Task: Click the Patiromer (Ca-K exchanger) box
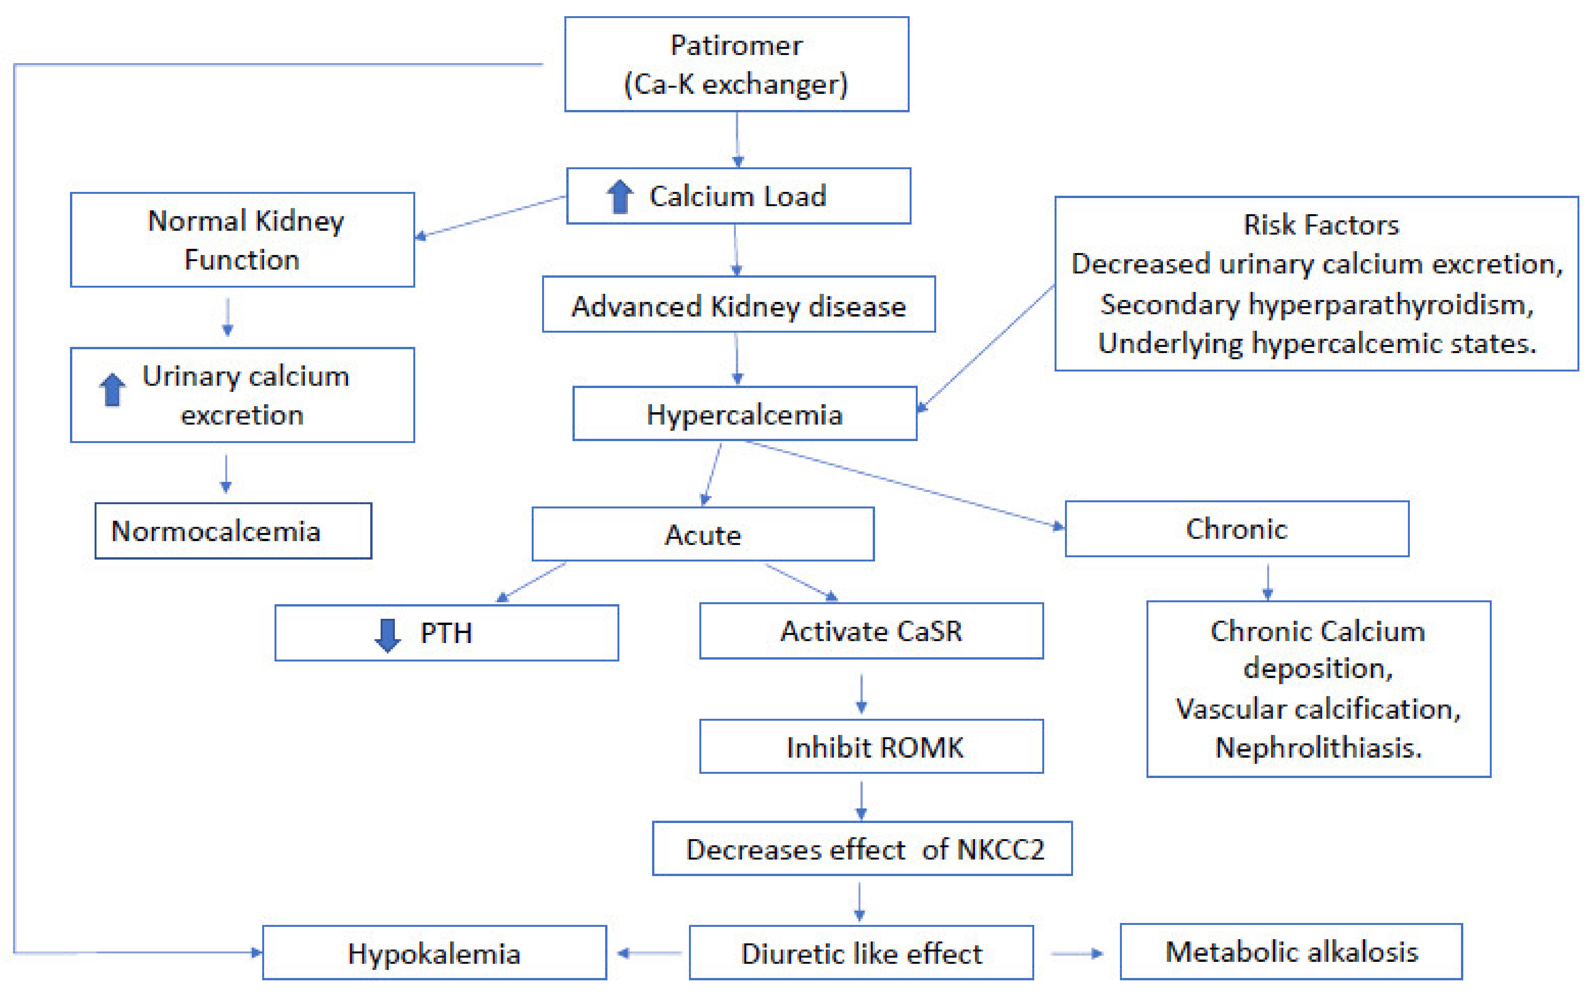coord(736,64)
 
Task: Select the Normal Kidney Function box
coord(242,240)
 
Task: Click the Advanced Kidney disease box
coord(739,305)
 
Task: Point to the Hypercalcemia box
coord(744,414)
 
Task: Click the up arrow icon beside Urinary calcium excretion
coord(112,390)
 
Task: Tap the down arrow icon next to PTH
coord(387,635)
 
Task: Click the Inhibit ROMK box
coord(871,747)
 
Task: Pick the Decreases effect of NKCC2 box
coord(862,848)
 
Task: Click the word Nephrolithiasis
coord(1318,747)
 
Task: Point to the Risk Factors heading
coord(1321,225)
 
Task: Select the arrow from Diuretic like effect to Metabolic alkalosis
coord(1077,953)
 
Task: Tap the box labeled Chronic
coord(1236,529)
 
